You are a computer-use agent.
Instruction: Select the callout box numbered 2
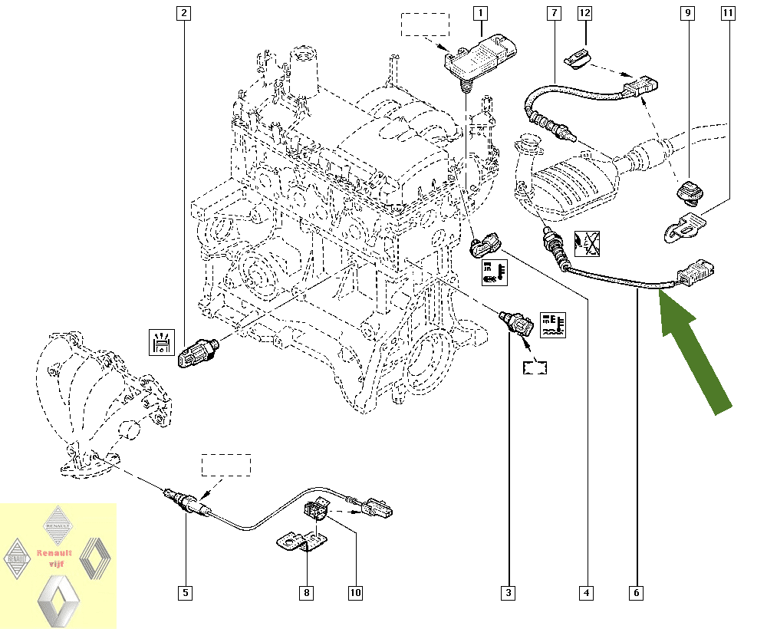[183, 13]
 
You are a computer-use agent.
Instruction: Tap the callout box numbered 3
[508, 592]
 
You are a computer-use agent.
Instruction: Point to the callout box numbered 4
[587, 592]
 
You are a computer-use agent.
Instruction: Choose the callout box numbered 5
[185, 592]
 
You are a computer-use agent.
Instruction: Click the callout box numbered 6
[637, 592]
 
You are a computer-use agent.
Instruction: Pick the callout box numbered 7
[552, 13]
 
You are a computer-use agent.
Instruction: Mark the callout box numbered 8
[306, 592]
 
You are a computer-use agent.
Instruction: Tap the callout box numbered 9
[687, 13]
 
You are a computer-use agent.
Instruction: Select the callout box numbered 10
[355, 592]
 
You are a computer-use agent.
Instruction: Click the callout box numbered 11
[727, 13]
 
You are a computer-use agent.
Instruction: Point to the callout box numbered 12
[585, 13]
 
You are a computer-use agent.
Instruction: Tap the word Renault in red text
[54, 553]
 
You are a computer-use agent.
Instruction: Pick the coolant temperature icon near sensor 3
[551, 324]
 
